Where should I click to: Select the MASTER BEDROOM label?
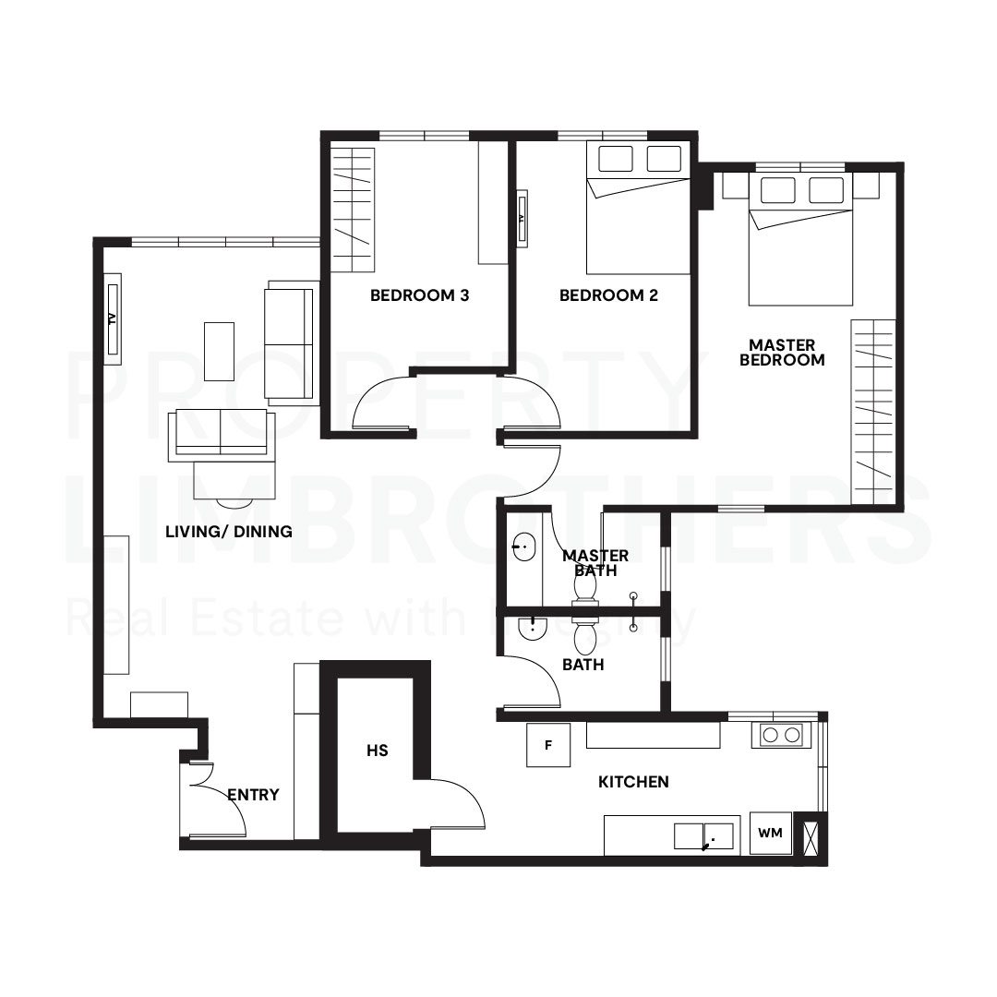pos(782,353)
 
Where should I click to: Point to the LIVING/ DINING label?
pos(229,532)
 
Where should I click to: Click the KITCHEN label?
pos(633,782)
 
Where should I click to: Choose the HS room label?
pos(377,751)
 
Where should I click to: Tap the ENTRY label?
pos(253,795)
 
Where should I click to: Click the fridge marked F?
pos(548,745)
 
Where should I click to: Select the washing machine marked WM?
pos(770,834)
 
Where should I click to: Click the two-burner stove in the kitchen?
pos(781,736)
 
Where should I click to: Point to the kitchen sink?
pos(703,835)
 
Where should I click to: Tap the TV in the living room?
pos(112,319)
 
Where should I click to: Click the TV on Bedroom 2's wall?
pos(521,219)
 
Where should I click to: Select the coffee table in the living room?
pos(219,351)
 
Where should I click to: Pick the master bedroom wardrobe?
pos(872,412)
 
